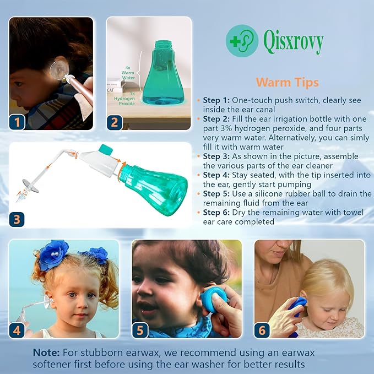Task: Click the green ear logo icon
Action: (241, 40)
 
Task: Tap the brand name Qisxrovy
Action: (293, 41)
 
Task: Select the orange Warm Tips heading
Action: (287, 83)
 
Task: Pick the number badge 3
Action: (18, 219)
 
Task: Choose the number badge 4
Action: (18, 330)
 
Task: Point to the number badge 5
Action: (140, 330)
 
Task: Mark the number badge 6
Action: (262, 330)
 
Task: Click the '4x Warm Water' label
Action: (128, 73)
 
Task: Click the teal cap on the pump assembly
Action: (105, 150)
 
